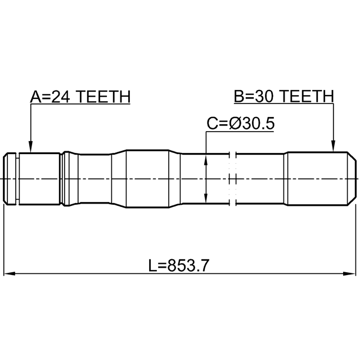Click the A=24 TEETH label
pos(80,96)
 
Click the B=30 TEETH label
pos(283,96)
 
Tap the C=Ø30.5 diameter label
pos(241,124)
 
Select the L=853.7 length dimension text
pos(179,265)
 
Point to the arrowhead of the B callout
pos(333,146)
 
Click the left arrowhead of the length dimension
pos(10,273)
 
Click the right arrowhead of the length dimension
pos(349,273)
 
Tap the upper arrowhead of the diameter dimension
pos(206,159)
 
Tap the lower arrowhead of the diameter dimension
pos(206,197)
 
